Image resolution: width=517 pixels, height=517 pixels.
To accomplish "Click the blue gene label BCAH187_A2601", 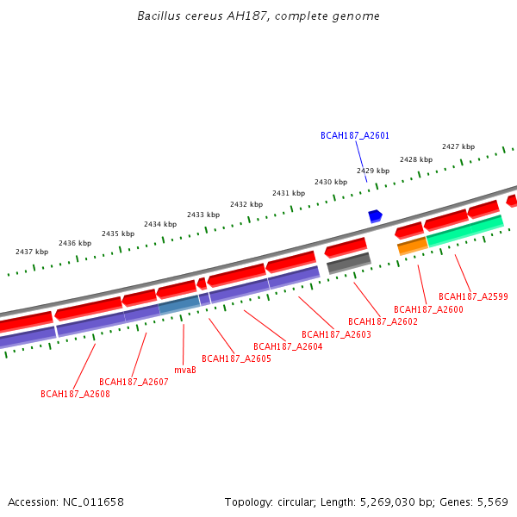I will [355, 135].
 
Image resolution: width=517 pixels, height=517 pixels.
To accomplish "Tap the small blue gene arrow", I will [375, 215].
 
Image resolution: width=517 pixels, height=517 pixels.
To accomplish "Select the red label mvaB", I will [185, 370].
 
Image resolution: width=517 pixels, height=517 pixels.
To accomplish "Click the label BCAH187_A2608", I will [75, 394].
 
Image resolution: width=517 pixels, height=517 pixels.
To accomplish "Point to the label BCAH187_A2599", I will [473, 296].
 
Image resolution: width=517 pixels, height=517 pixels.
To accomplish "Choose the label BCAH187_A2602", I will [383, 321].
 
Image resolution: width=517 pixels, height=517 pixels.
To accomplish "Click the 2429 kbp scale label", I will [373, 171].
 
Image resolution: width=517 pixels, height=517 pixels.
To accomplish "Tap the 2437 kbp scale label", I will [32, 252].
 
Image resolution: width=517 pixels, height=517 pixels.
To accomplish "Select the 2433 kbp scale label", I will [203, 215].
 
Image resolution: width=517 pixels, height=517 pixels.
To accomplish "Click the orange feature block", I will [412, 246].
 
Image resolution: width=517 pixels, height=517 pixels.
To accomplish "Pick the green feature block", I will [465, 230].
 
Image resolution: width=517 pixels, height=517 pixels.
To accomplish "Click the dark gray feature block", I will [349, 263].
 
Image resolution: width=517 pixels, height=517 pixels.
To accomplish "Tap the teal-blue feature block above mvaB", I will [179, 303].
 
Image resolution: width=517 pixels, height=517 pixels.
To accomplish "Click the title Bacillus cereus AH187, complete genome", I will [258, 16].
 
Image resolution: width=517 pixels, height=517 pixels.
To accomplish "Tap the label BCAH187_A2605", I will [236, 358].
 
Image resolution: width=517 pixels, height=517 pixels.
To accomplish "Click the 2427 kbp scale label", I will [458, 146].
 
